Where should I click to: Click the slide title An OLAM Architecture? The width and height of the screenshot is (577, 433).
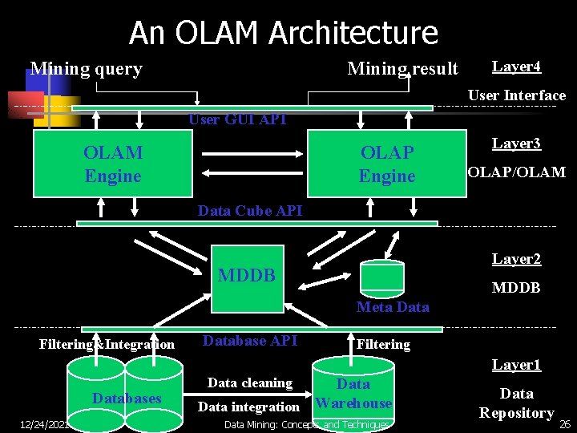point(284,33)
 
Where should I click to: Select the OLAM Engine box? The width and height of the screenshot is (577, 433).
point(112,164)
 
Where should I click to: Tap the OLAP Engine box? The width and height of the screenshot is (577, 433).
point(387,164)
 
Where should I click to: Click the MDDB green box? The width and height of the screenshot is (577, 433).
point(247,277)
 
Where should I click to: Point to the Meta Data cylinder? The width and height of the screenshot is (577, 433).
point(381,277)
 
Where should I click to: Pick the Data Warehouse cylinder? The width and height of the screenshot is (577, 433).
point(353,393)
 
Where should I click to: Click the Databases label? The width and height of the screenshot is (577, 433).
point(127,399)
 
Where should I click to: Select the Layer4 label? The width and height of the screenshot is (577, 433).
point(516,67)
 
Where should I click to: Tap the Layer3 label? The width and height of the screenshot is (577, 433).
point(516,144)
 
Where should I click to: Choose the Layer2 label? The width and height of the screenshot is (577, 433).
point(516,259)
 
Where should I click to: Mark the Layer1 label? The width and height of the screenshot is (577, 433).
point(516,365)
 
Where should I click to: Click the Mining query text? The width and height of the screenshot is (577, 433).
point(86,69)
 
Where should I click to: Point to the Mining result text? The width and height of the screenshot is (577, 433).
point(402,69)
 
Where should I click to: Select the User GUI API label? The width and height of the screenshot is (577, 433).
point(237,119)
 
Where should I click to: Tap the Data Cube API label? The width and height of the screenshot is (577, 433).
point(250,211)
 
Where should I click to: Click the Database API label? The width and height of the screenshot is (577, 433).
point(250,341)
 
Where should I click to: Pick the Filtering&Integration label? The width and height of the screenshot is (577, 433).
point(107,345)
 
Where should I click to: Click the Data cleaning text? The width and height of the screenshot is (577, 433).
point(249,382)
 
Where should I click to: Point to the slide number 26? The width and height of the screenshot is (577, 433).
point(564,423)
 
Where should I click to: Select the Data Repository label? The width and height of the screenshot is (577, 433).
point(516,403)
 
